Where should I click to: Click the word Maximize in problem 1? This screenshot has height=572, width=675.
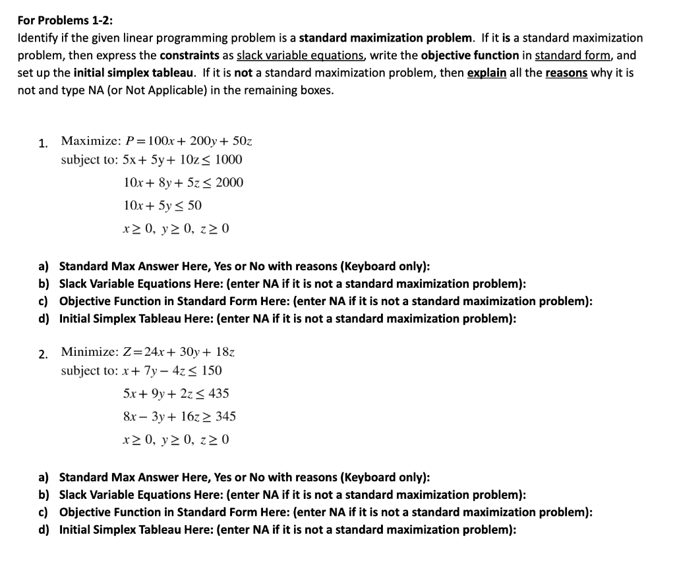click(89, 140)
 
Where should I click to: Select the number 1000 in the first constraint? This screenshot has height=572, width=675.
click(229, 159)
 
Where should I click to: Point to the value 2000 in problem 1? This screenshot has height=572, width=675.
click(230, 183)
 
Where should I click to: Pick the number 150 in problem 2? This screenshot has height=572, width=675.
click(210, 370)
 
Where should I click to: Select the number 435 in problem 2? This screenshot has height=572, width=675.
click(218, 393)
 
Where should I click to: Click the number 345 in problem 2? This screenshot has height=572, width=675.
click(224, 416)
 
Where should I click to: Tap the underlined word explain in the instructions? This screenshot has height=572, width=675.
click(486, 72)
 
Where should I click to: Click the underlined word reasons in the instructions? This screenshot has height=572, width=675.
click(568, 72)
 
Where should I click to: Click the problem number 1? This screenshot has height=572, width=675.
click(43, 143)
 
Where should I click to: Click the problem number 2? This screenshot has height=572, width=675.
click(43, 355)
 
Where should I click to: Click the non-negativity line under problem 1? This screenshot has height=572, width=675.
click(176, 229)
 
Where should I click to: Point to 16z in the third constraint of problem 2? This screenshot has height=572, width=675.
click(190, 416)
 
